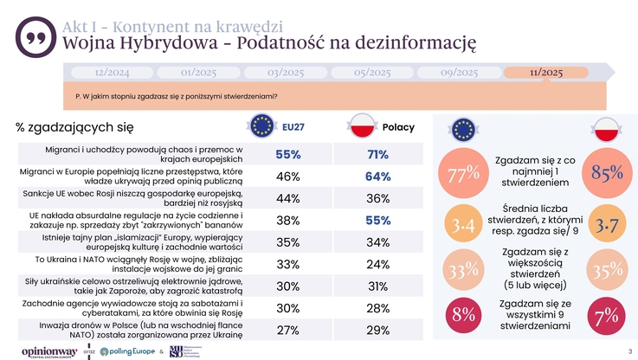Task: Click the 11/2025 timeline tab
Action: [x=545, y=72]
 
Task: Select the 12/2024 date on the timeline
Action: [x=112, y=72]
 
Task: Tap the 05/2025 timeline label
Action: [x=373, y=72]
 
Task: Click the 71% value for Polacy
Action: [x=377, y=155]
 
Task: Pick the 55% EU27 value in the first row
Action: [x=288, y=155]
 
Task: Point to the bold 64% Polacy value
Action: [x=377, y=177]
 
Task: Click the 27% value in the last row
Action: [x=288, y=331]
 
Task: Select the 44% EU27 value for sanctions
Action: [x=288, y=198]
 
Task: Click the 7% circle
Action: [x=606, y=317]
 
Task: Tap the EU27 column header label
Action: [x=293, y=127]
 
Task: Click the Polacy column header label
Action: [x=398, y=127]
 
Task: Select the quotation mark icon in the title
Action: [x=34, y=35]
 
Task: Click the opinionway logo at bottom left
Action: [x=49, y=351]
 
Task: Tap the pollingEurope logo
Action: [x=126, y=351]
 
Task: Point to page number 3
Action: [x=629, y=350]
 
